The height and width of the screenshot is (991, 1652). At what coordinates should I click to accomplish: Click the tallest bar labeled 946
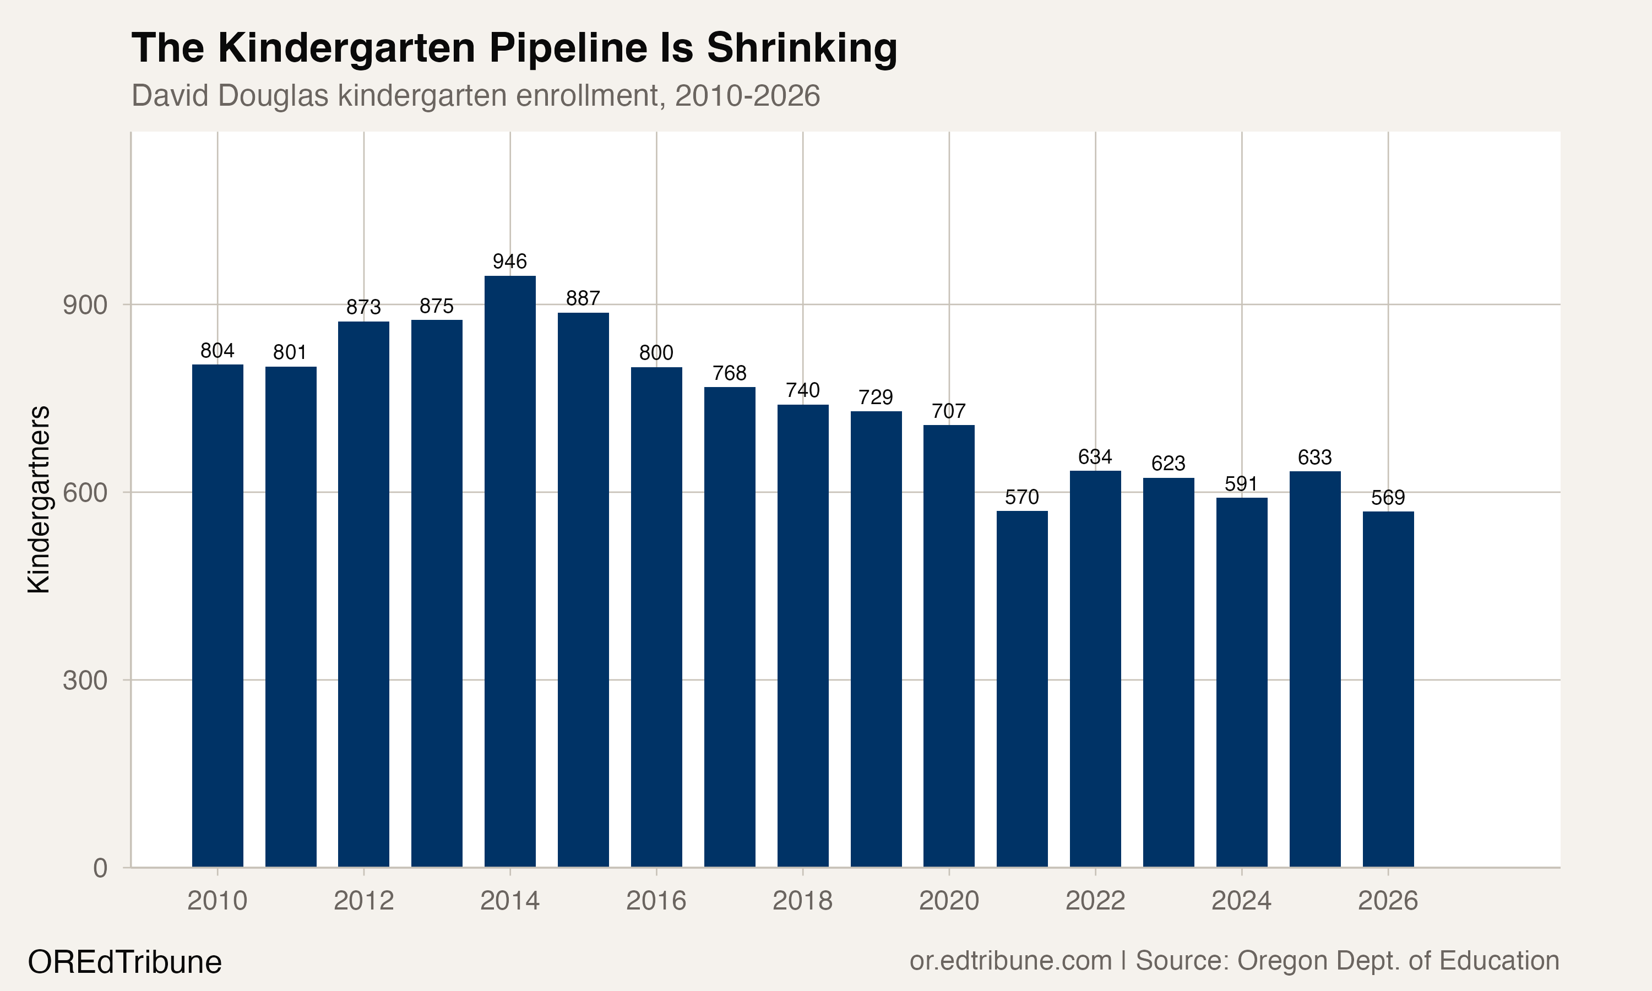click(509, 571)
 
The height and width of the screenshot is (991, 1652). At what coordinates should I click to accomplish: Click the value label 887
click(583, 298)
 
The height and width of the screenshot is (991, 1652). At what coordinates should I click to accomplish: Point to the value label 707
click(948, 411)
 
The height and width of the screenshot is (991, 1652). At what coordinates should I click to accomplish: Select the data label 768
click(729, 373)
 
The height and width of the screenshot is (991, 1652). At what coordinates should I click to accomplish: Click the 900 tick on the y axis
click(85, 305)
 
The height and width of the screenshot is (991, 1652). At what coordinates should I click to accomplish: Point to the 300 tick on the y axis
click(85, 680)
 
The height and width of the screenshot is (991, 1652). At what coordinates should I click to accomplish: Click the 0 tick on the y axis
click(100, 868)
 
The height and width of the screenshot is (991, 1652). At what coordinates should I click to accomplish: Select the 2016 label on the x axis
click(656, 901)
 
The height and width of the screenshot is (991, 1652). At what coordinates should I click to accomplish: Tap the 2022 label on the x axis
click(1095, 901)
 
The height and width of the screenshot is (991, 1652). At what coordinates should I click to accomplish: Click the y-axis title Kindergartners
click(39, 499)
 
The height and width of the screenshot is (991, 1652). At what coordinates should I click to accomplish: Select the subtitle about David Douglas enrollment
click(475, 95)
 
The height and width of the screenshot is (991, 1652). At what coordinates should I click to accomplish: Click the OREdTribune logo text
click(124, 962)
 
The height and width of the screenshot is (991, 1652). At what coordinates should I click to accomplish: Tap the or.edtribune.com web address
click(1010, 960)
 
